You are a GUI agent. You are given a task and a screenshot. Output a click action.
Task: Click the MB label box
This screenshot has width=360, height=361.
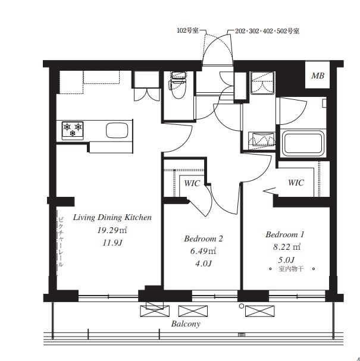[317, 74]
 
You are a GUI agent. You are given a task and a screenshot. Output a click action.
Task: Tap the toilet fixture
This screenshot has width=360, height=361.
[178, 85]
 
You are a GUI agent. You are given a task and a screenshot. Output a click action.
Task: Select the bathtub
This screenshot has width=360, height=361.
[303, 143]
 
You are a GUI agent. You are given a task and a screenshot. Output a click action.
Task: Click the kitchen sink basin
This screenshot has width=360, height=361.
[117, 130]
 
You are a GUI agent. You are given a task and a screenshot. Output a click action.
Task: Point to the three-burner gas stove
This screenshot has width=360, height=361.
[73, 130]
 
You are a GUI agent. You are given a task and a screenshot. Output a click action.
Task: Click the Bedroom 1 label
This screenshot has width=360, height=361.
[285, 234]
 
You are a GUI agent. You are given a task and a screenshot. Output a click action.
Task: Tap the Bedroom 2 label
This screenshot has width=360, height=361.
[204, 238]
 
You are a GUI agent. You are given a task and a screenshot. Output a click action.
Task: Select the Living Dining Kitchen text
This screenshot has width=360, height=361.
[112, 218]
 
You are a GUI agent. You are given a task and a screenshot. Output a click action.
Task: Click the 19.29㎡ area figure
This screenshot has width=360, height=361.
[112, 230]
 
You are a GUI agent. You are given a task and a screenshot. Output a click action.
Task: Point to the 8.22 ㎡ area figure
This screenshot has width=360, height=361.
[287, 247]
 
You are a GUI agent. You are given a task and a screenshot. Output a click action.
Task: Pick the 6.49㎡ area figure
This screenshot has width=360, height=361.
[203, 251]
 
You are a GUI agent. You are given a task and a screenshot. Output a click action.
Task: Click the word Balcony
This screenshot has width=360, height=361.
[186, 324]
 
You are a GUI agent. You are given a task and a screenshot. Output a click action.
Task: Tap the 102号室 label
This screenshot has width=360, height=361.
[187, 30]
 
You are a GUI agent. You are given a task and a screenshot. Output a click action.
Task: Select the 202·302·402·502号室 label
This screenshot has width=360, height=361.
[267, 31]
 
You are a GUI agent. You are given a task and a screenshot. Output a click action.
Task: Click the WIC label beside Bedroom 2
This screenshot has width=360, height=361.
[192, 184]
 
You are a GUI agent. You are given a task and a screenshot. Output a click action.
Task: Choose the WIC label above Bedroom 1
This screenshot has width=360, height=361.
[296, 183]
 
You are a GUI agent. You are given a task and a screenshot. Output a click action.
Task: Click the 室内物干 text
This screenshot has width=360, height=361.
[291, 269]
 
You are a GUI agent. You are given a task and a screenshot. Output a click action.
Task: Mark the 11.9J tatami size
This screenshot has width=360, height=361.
[112, 243]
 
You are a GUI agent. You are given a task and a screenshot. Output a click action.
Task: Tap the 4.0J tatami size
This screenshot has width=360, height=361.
[203, 263]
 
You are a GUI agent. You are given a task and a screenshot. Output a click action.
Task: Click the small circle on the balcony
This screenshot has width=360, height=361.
[242, 306]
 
